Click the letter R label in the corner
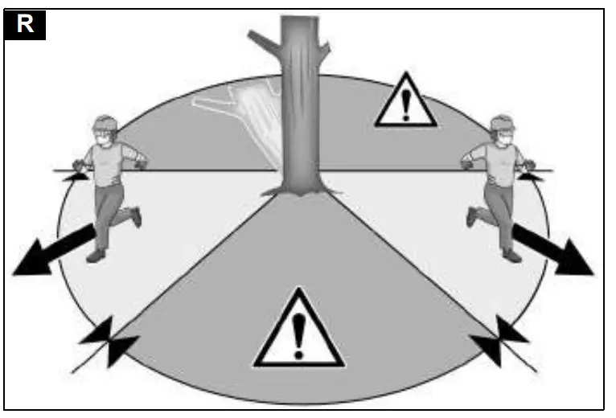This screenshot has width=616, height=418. coord(25,25)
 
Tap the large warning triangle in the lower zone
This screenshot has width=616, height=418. coord(298,330)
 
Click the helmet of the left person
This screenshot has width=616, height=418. coord(104,124)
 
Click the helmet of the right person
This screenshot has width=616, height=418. coord(503,123)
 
